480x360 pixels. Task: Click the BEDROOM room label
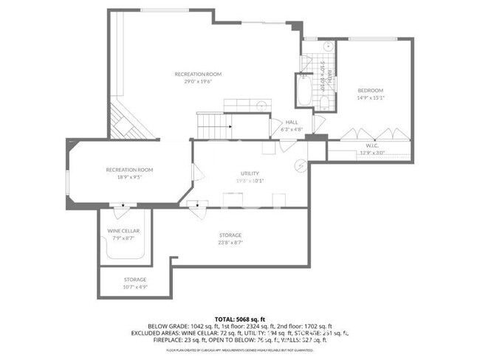point(371,90)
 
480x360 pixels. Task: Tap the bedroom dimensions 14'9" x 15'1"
point(371,97)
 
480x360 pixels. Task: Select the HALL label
point(291,122)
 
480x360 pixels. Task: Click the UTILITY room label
point(250,172)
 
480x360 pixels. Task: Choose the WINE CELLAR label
point(123,231)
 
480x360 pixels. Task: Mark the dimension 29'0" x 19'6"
point(198,83)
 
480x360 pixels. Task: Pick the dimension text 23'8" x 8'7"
point(230,242)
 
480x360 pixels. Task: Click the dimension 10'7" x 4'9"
point(134,286)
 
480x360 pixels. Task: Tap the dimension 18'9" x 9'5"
point(124,177)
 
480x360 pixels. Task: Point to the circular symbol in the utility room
point(301,165)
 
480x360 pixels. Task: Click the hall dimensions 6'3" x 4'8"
point(291,130)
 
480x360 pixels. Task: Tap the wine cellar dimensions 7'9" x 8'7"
point(123,238)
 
